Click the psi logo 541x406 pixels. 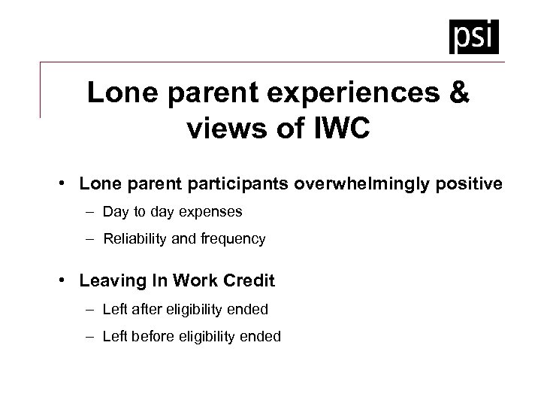pos(474,36)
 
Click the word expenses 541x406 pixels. pos(213,212)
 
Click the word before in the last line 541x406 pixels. pos(153,337)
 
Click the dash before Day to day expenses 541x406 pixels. pos(91,212)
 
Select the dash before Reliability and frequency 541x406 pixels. pos(91,239)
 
